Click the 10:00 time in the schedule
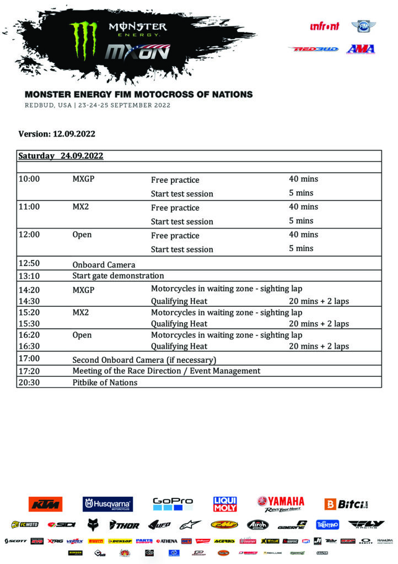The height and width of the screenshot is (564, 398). click(29, 179)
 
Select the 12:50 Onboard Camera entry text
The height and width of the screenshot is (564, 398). click(104, 264)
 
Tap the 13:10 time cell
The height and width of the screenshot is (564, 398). click(29, 275)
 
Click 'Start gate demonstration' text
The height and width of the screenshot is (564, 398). click(118, 275)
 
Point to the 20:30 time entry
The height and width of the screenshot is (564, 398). click(29, 382)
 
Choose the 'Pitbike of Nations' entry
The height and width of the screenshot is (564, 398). click(105, 382)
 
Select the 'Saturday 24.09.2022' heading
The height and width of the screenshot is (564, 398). click(61, 156)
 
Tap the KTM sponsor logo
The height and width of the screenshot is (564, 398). click(45, 503)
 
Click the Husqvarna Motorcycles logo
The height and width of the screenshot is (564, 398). click(106, 503)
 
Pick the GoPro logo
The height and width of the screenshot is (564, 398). click(173, 503)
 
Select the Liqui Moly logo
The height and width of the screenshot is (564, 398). click(225, 503)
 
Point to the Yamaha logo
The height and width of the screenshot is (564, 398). click(280, 503)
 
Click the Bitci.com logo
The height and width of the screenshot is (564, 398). click(346, 503)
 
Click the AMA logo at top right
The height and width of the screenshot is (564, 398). click(361, 48)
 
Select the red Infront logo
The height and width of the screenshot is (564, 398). click(325, 26)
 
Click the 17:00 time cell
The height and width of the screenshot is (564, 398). click(29, 359)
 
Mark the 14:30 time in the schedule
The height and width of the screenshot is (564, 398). click(29, 301)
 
